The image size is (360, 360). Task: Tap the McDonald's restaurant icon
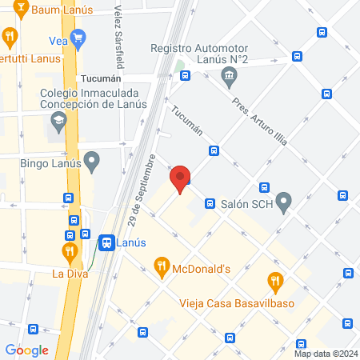coord(162,267)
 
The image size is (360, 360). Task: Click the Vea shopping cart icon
coord(78,38)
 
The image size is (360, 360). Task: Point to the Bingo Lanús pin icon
coord(92,162)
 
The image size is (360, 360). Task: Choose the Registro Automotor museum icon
coord(230,78)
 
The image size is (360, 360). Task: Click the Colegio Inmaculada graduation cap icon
coord(58,122)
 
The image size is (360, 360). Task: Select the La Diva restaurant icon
coord(70,252)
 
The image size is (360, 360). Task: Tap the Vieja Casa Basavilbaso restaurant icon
coord(275,281)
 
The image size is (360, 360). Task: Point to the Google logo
coord(27,350)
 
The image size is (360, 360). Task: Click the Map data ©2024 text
coord(326,354)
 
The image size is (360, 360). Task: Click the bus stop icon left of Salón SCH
coord(210,203)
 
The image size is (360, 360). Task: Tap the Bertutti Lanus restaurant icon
coord(10,36)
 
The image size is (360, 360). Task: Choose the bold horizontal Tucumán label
coord(101,78)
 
